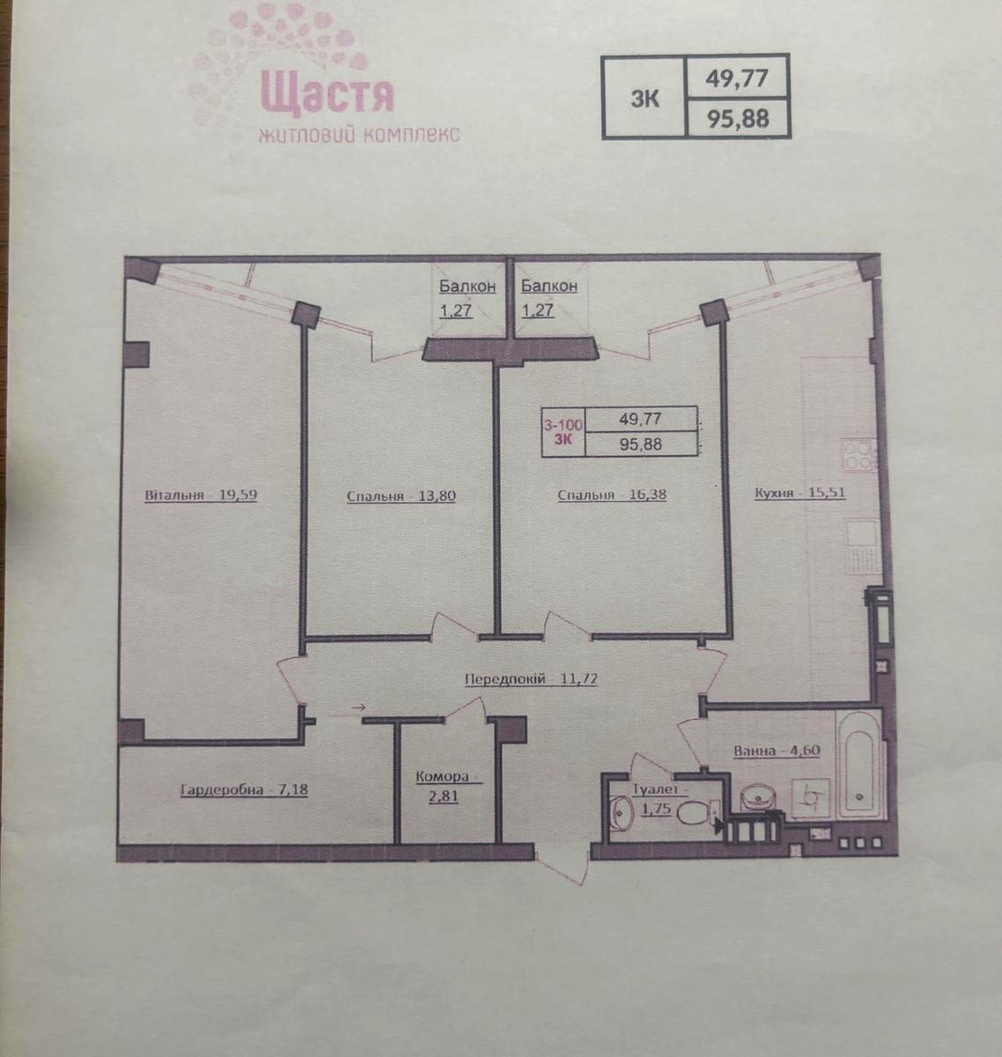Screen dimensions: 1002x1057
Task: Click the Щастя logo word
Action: [x=328, y=94]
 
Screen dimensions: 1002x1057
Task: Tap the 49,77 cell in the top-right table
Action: [x=737, y=78]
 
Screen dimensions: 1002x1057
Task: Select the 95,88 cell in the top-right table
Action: [x=737, y=118]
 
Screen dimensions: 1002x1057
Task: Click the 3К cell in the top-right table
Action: [x=645, y=97]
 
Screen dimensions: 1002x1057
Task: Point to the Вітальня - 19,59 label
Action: [x=201, y=495]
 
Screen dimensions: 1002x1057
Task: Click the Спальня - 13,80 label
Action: [x=401, y=495]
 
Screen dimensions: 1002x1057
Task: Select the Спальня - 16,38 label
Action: [x=612, y=494]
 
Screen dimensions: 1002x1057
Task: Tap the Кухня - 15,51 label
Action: [x=799, y=492]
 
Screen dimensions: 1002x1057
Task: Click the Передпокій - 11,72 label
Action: [x=531, y=679]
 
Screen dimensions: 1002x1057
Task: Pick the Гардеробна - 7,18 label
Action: [x=244, y=790]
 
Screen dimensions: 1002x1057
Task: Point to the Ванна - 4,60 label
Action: [x=777, y=750]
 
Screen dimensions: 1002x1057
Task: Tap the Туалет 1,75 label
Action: [x=659, y=798]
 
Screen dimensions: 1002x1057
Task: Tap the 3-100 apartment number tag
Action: [x=564, y=425]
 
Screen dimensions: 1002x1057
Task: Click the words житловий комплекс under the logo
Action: [x=359, y=135]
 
